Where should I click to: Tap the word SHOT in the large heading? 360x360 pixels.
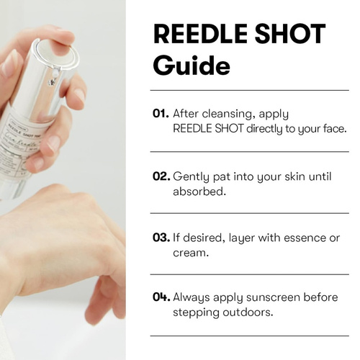(x=289, y=34)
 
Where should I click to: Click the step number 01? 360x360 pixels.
(x=161, y=114)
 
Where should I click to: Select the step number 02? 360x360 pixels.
(x=161, y=176)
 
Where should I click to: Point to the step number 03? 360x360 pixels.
(x=161, y=238)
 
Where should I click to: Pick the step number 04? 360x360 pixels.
(x=161, y=297)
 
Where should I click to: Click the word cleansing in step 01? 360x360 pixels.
(x=228, y=114)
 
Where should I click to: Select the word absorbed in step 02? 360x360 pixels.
(x=199, y=192)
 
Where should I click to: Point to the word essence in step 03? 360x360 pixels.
(x=305, y=238)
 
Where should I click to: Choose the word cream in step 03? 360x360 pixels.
(x=191, y=253)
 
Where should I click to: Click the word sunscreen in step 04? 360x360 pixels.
(x=273, y=297)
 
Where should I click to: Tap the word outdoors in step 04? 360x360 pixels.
(x=248, y=312)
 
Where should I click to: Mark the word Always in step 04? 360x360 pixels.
(x=192, y=298)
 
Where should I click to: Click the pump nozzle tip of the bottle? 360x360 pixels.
(x=53, y=81)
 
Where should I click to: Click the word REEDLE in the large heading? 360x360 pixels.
(x=200, y=34)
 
